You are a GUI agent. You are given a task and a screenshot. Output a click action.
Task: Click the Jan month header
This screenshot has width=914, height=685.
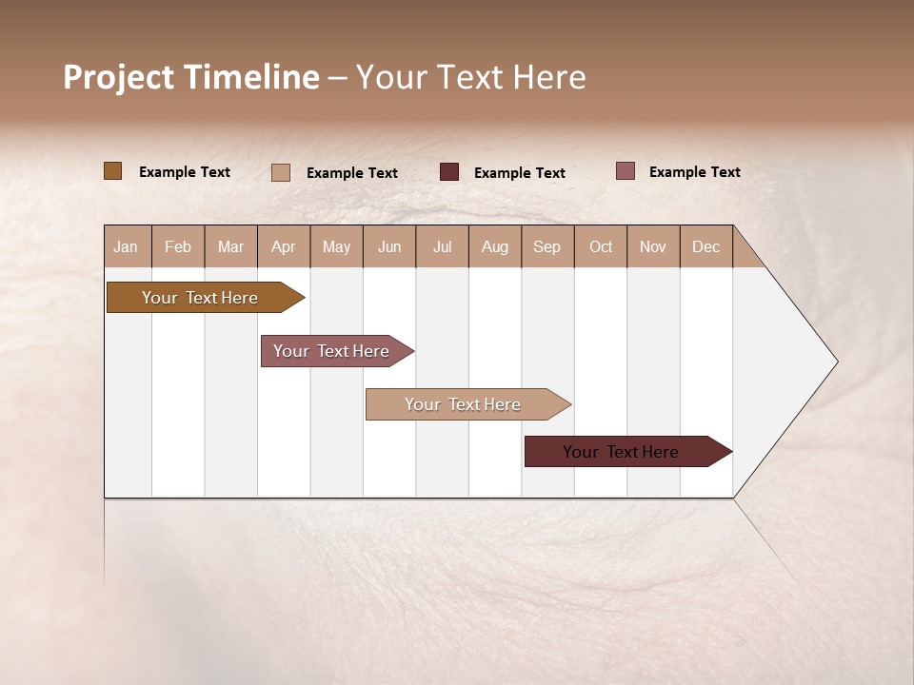click(127, 246)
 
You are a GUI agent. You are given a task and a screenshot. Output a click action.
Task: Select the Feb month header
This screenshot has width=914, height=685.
click(178, 246)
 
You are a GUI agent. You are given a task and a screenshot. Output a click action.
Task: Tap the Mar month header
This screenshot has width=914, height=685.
click(230, 246)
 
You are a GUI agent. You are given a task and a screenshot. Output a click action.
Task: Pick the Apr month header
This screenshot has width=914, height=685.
click(284, 246)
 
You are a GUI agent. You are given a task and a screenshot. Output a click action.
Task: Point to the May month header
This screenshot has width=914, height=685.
click(336, 246)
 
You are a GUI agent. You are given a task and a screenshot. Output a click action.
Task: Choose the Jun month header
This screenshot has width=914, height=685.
click(389, 246)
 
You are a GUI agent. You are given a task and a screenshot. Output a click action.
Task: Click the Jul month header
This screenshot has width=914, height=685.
click(442, 246)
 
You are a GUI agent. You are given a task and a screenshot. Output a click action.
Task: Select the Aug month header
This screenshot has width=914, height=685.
click(495, 246)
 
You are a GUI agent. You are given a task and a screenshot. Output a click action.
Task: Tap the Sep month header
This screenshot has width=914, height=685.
click(547, 246)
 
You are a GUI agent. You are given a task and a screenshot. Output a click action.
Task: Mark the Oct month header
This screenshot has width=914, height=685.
click(601, 246)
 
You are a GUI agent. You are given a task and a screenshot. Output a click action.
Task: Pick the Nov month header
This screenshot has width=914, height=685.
click(653, 246)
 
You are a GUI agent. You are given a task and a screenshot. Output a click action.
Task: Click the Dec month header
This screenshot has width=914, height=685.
click(706, 246)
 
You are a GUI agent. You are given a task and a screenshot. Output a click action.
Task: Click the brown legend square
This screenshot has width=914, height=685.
click(113, 171)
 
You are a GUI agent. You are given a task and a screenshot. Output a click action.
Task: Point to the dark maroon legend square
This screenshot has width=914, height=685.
click(449, 172)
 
